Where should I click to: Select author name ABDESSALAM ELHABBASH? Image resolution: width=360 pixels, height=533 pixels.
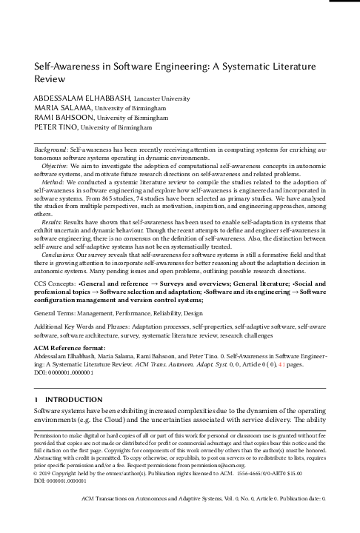click(x=82, y=97)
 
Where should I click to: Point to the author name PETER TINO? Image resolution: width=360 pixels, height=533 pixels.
click(x=56, y=127)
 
